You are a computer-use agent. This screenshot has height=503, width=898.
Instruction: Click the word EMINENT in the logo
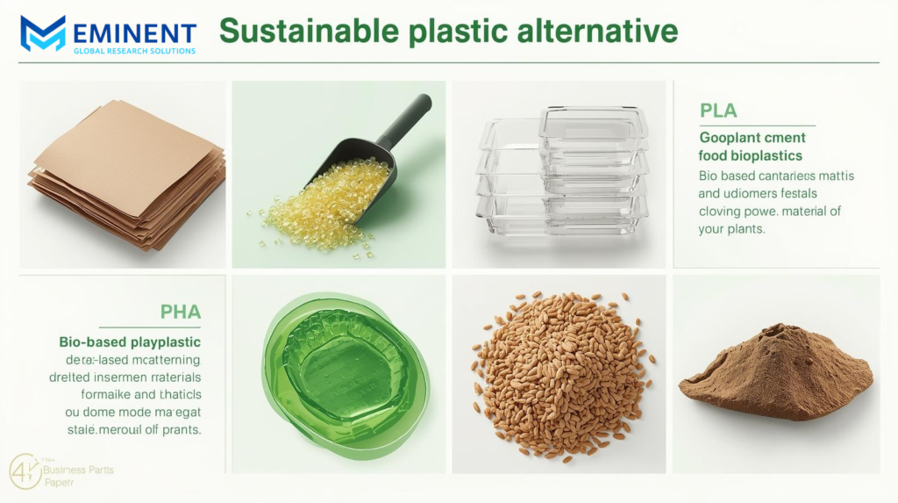[132, 32]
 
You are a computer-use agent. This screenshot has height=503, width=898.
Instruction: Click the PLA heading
[718, 111]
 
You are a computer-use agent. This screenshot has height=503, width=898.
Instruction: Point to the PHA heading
[181, 312]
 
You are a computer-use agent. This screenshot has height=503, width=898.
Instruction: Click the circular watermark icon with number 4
[25, 471]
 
